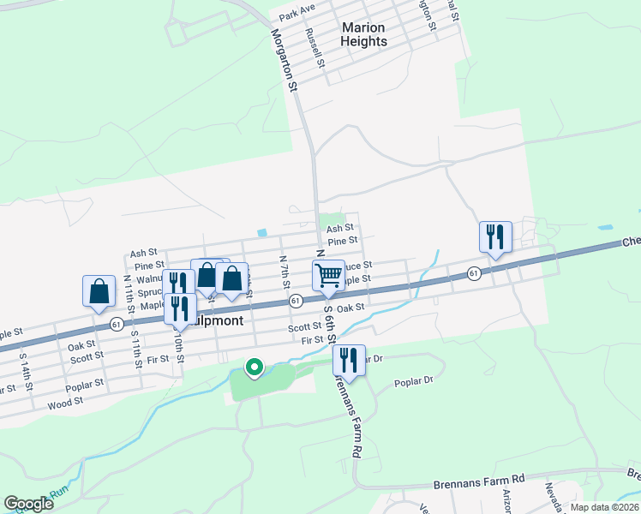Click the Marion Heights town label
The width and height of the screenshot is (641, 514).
click(364, 34)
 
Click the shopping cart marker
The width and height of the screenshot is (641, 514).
click(328, 277)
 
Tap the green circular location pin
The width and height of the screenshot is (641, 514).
click(255, 368)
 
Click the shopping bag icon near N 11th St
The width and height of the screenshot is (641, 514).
click(99, 290)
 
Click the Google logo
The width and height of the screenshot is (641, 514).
click(28, 504)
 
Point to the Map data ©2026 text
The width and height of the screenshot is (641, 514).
click(604, 507)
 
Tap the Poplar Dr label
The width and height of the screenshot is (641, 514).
click(415, 383)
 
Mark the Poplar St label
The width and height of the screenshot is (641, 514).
click(85, 385)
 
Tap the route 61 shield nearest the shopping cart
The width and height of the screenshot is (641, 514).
click(295, 301)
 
